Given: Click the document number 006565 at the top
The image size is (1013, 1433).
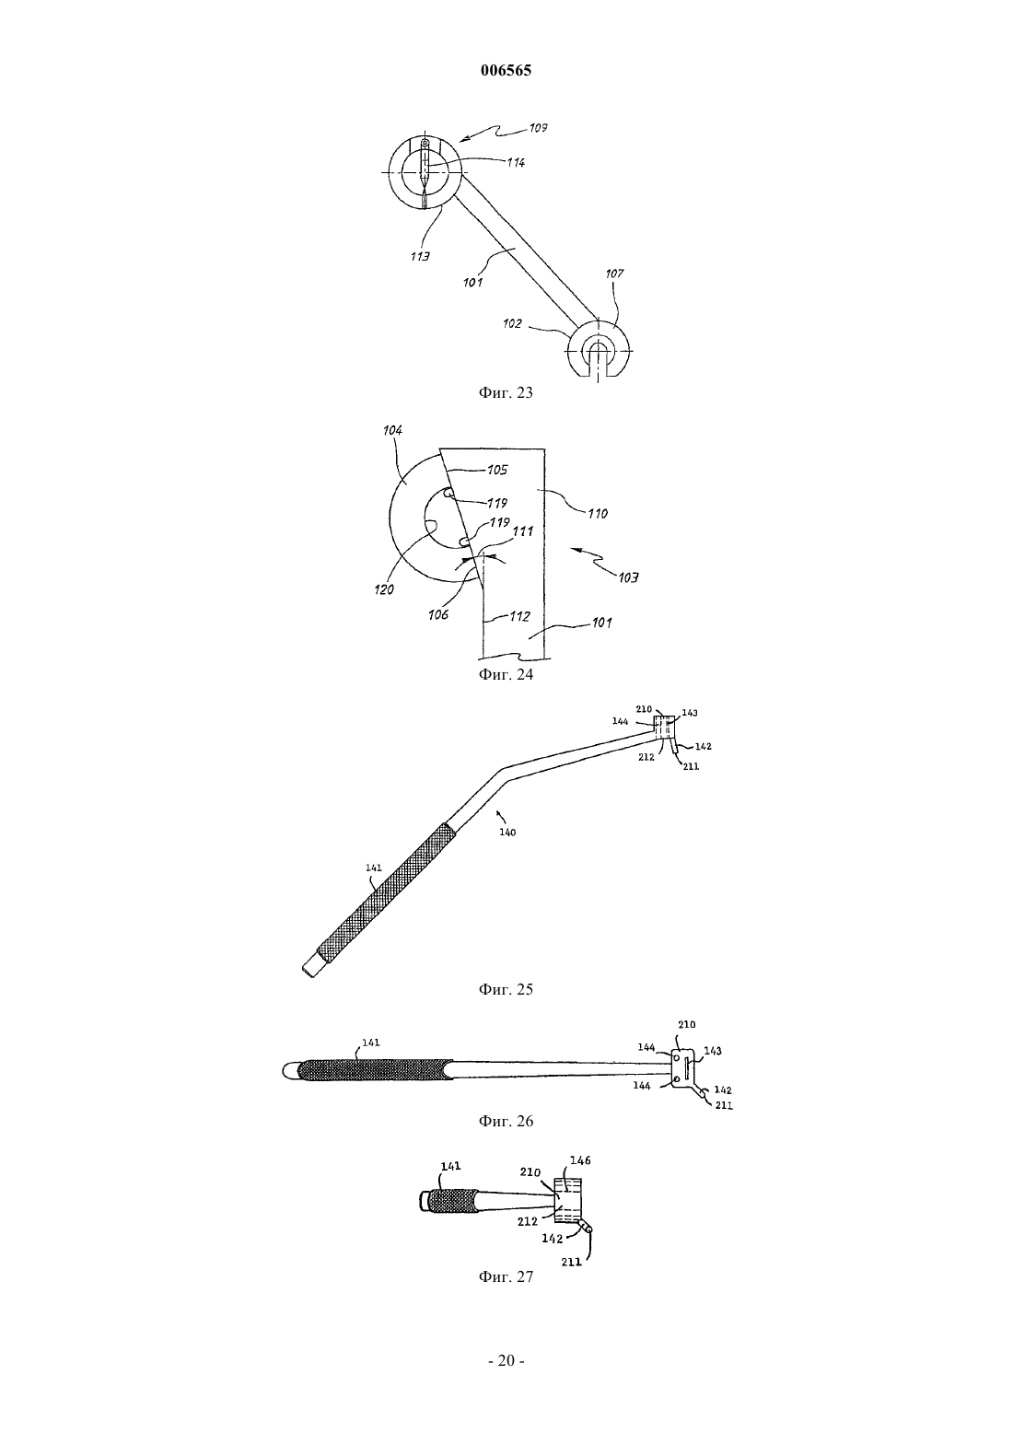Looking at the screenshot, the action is pos(506,70).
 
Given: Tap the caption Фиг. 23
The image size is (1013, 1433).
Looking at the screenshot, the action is pos(506,393).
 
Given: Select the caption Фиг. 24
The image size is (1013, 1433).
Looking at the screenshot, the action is pos(506,675).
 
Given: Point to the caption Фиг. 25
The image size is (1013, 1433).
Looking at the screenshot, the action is pos(506,990).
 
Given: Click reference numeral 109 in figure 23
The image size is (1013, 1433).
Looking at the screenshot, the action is pos(538,128).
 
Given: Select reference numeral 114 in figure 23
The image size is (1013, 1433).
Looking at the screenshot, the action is pos(516,162).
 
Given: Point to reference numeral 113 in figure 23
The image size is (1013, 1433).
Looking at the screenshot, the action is pos(420,257).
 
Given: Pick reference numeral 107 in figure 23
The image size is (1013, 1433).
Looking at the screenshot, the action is pos(614,274).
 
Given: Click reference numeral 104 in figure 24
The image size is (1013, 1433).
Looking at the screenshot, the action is pos(392,430).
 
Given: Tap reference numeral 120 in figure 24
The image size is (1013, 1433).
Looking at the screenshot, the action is pos(384,589).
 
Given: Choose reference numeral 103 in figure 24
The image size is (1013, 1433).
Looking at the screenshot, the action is pos(629,577).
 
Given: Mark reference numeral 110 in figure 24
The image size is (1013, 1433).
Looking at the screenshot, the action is pos(598,513).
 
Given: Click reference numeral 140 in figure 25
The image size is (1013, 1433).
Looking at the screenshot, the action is pos(507,833).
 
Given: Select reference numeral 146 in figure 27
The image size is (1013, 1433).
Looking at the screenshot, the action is pos(580,1160).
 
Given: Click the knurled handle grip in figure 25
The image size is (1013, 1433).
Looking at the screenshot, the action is pos(387,893).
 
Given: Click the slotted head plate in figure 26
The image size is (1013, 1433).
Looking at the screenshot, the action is pos(684,1067).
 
